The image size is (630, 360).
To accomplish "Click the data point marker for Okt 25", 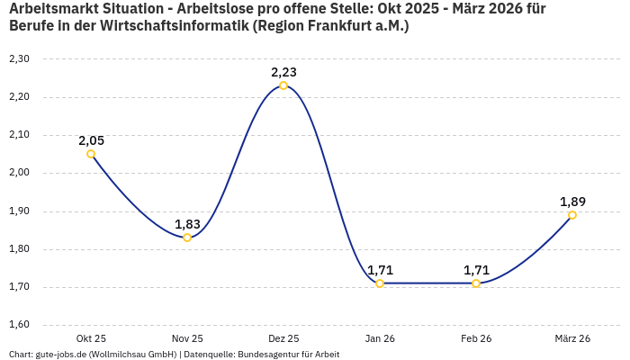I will coord(91,154).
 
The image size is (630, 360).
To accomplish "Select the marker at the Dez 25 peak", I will coord(283,85).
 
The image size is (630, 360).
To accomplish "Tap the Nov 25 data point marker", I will coord(187,238).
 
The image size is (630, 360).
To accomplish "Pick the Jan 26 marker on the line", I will coord(380,283).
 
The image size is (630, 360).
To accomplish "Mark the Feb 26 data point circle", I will coord(476,283).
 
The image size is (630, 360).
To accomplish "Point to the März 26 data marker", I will coord(572,215).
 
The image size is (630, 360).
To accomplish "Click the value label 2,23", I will coord(283,72).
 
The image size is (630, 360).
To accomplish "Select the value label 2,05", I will coord(91,140).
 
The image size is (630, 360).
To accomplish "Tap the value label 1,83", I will coord(187,224).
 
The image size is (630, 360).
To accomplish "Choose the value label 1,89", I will coord(572,202).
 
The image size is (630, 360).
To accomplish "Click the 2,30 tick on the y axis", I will coord(19,59).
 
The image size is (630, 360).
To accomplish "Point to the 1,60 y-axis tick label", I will coord(19,325).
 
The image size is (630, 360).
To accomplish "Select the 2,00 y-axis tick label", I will coord(19,173).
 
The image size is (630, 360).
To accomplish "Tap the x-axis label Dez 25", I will coord(283,338).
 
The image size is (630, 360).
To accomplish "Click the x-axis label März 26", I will coord(572,338).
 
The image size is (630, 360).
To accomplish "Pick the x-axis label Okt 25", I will coord(91,338).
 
